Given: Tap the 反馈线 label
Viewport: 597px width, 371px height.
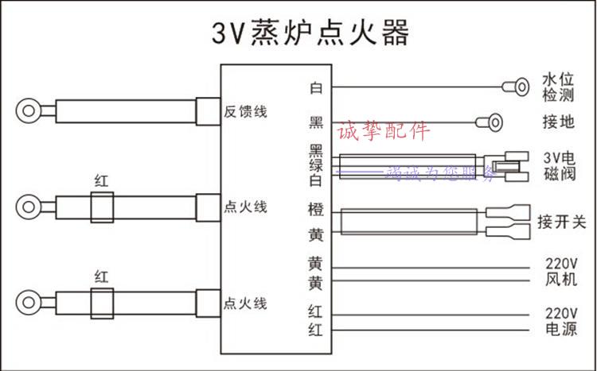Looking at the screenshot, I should (x=244, y=112).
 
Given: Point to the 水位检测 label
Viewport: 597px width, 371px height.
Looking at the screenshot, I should (x=558, y=88).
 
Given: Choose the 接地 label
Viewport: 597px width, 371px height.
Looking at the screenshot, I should (x=558, y=123).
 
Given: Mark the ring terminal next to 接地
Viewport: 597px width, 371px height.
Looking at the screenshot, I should (x=490, y=122).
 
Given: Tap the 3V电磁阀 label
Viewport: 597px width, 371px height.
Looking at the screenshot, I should (x=558, y=166).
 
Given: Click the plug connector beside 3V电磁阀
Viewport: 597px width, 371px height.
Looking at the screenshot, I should (x=507, y=166).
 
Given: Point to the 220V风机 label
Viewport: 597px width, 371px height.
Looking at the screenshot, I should (x=561, y=272).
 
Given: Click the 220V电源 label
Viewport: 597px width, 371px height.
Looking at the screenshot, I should (x=561, y=321).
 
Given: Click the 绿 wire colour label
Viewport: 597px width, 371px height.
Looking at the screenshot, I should (x=316, y=166).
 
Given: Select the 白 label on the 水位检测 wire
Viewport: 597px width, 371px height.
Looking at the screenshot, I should (x=316, y=87).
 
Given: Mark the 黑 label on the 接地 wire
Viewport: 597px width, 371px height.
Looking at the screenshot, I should (x=316, y=123).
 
